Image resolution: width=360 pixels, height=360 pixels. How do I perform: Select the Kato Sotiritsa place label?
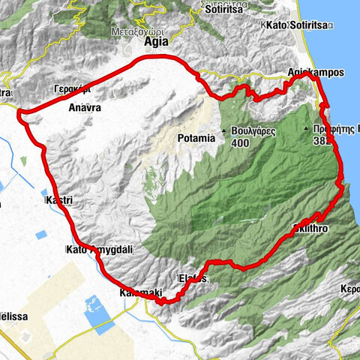click(298, 26)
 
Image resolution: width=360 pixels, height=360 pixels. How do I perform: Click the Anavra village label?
click(84, 107)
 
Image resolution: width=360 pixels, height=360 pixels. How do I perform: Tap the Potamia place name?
click(196, 138)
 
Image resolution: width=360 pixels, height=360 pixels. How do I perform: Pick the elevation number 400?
click(240, 143)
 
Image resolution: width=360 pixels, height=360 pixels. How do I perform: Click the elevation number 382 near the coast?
click(322, 140)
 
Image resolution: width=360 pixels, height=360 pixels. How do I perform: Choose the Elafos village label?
click(193, 278)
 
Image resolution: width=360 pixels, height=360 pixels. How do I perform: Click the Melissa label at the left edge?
click(13, 316)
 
